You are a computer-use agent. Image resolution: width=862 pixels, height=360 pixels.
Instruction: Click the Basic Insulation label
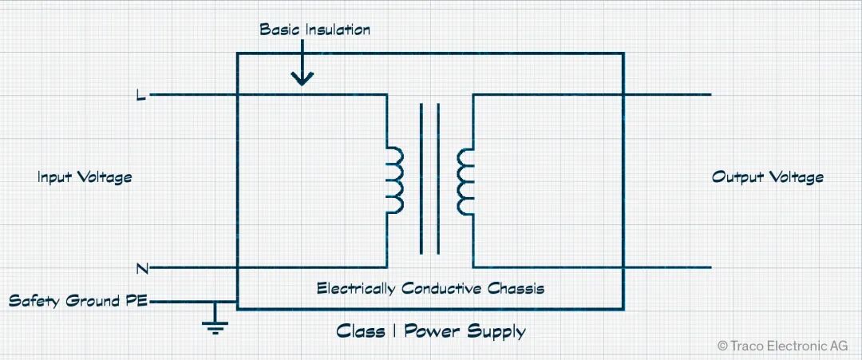coord(315,30)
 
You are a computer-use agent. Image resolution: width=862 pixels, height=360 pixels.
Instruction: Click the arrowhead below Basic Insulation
coord(302,79)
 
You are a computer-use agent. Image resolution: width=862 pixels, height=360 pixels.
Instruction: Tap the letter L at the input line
coord(141,96)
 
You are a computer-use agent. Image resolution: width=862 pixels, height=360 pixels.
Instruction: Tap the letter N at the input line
coord(141,267)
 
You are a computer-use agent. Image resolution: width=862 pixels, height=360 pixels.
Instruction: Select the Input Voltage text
coord(85,177)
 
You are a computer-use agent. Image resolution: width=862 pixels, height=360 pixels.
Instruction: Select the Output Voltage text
coord(767,177)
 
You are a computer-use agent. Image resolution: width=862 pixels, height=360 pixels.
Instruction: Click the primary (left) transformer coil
coord(394,180)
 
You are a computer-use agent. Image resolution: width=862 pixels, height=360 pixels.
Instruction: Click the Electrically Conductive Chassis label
coord(430,288)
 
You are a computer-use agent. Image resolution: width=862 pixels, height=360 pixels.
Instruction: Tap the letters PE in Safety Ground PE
coord(137,302)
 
